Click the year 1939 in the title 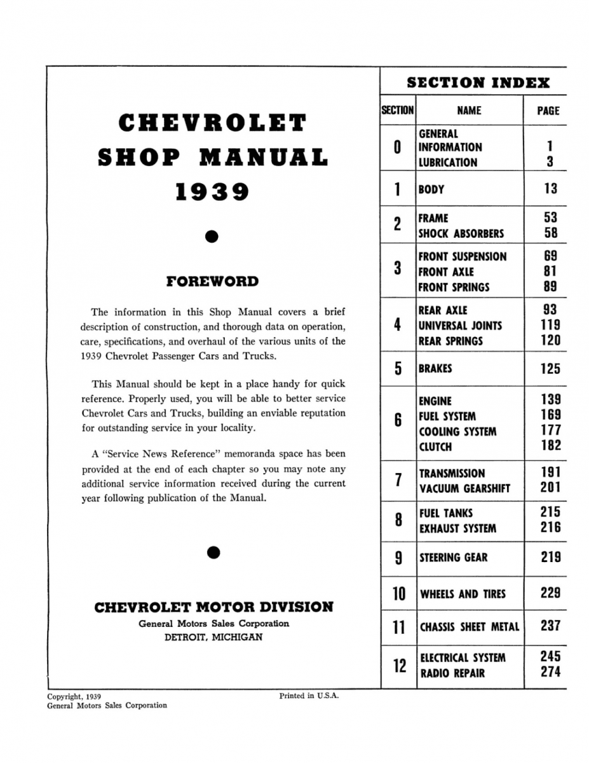pyautogui.click(x=212, y=191)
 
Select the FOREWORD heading pyautogui.click(x=212, y=281)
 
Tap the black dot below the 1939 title pyautogui.click(x=213, y=237)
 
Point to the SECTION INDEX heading pyautogui.click(x=478, y=82)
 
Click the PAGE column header pyautogui.click(x=548, y=111)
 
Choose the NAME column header pyautogui.click(x=469, y=111)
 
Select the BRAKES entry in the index pyautogui.click(x=435, y=369)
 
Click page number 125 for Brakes pyautogui.click(x=550, y=369)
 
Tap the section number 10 pyautogui.click(x=398, y=594)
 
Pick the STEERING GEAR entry pyautogui.click(x=453, y=558)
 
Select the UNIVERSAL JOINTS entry pyautogui.click(x=460, y=326)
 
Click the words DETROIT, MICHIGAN pyautogui.click(x=213, y=638)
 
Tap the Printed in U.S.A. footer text pyautogui.click(x=309, y=696)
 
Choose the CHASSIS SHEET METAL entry pyautogui.click(x=469, y=627)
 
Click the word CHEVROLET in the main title pyautogui.click(x=212, y=123)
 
